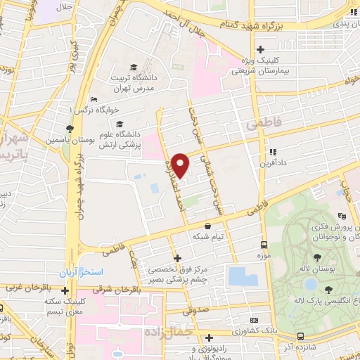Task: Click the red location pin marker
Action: [x=181, y=165]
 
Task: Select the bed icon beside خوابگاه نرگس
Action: [x=94, y=100]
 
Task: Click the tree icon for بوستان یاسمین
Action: [x=69, y=128]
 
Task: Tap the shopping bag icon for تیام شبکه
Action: [x=207, y=226]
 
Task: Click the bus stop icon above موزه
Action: [x=264, y=245]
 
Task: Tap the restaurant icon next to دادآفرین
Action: [x=271, y=151]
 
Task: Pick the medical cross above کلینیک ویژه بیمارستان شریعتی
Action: [x=260, y=49]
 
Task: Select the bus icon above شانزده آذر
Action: [x=300, y=336]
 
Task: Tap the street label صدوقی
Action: [x=197, y=307]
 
